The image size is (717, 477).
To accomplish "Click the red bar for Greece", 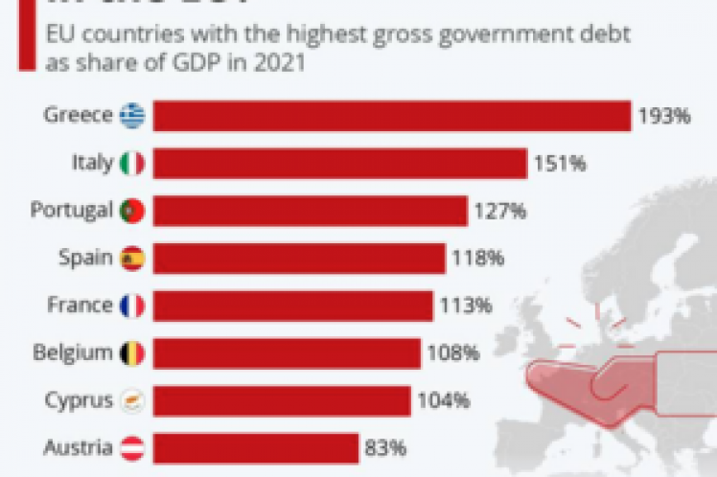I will point(391,116).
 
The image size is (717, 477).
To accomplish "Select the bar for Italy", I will point(339,163).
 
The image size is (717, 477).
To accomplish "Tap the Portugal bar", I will point(310,210).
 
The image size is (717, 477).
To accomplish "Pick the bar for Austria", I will point(256,447).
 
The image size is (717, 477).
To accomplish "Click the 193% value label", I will point(664,117).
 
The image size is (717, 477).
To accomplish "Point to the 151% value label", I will point(559,164).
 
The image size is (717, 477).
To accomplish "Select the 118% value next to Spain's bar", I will point(477,259).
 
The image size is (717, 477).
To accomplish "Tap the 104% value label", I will point(442,400).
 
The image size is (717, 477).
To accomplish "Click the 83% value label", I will point(386,447).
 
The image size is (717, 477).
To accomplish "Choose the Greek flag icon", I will point(132,117).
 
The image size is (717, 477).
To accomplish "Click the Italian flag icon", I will point(132,164).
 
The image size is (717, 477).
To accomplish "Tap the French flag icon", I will point(132,306).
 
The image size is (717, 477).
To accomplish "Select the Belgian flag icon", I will point(132,353).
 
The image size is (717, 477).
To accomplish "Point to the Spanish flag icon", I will point(132,259).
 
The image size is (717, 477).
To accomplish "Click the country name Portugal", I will point(71,211).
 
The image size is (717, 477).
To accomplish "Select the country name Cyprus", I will point(80,400).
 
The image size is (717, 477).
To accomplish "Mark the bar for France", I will point(292,306).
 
